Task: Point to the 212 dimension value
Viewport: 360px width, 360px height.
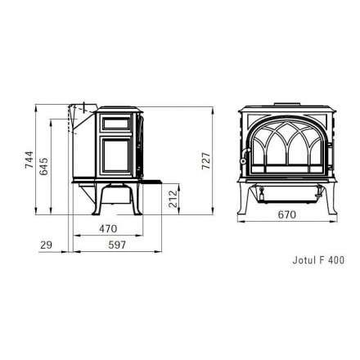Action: click(x=173, y=200)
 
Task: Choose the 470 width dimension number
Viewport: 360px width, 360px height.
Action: click(x=108, y=229)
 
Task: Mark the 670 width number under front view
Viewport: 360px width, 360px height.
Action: click(x=286, y=215)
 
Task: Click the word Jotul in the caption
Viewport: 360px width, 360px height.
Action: click(x=303, y=261)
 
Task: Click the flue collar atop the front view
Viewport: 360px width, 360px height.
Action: click(x=286, y=105)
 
